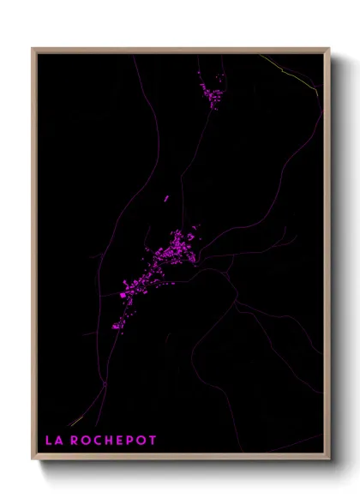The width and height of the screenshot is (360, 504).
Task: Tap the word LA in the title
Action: tap(52, 441)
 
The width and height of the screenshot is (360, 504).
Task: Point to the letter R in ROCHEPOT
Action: tap(75, 441)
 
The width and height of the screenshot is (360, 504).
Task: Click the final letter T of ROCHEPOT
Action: tap(153, 441)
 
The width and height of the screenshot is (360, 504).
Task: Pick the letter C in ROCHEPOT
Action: tap(99, 441)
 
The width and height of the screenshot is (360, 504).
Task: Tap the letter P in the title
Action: tap(131, 441)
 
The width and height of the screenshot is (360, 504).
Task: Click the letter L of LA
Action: tap(48, 441)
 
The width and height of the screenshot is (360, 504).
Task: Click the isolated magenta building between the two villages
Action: tap(167, 199)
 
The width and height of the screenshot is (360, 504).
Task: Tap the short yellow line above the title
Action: tap(75, 421)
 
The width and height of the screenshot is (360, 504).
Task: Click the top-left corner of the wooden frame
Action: tap(33, 49)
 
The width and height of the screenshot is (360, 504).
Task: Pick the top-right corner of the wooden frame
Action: tap(328, 49)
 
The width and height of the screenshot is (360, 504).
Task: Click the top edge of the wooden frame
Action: tap(180, 49)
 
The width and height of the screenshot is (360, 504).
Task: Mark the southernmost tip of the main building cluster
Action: tap(120, 331)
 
